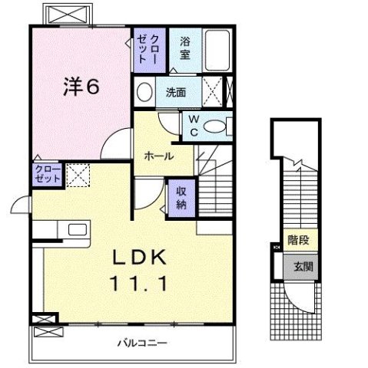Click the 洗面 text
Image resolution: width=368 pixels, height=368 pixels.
point(175,92)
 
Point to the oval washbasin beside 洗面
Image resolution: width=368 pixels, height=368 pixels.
point(144,93)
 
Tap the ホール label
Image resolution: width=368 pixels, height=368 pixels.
point(157,156)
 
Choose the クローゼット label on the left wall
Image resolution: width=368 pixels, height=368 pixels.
point(46,174)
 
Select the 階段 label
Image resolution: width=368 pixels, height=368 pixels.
point(299,241)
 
